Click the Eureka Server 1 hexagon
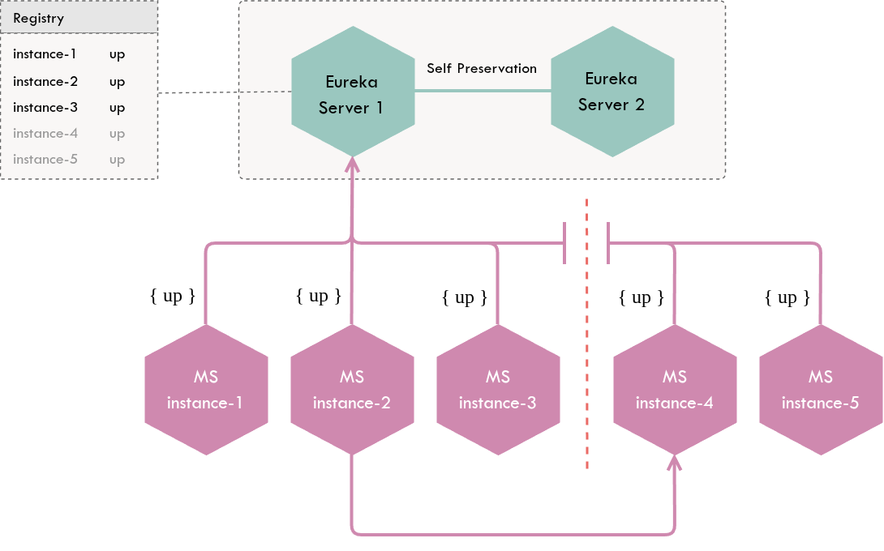[x=353, y=92]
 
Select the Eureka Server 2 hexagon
[x=612, y=92]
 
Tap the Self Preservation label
[x=482, y=69]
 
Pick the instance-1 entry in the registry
[x=45, y=55]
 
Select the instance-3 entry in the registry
[x=45, y=108]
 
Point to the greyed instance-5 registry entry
[x=45, y=160]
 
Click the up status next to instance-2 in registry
[x=118, y=82]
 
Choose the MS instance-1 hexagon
[x=206, y=390]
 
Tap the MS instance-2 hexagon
[x=352, y=390]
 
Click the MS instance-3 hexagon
[x=498, y=390]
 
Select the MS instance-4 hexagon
[x=675, y=390]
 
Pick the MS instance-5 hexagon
[x=821, y=390]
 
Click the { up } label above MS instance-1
[x=173, y=296]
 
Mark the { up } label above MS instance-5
[x=787, y=297]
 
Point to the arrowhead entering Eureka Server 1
[x=352, y=164]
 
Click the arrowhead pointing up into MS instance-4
[x=675, y=463]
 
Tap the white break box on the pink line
[x=586, y=245]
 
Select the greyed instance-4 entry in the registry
[x=45, y=134]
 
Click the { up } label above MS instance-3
[x=465, y=297]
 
